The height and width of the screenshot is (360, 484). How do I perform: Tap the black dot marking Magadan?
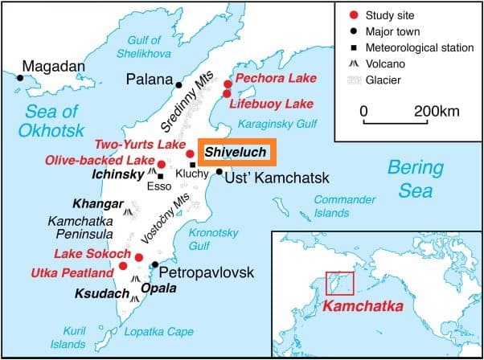[x=19, y=77]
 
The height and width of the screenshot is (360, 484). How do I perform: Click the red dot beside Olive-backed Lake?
[x=162, y=164]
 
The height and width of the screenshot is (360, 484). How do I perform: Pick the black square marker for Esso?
[x=161, y=176]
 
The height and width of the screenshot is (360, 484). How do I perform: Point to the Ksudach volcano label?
[x=102, y=294]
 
